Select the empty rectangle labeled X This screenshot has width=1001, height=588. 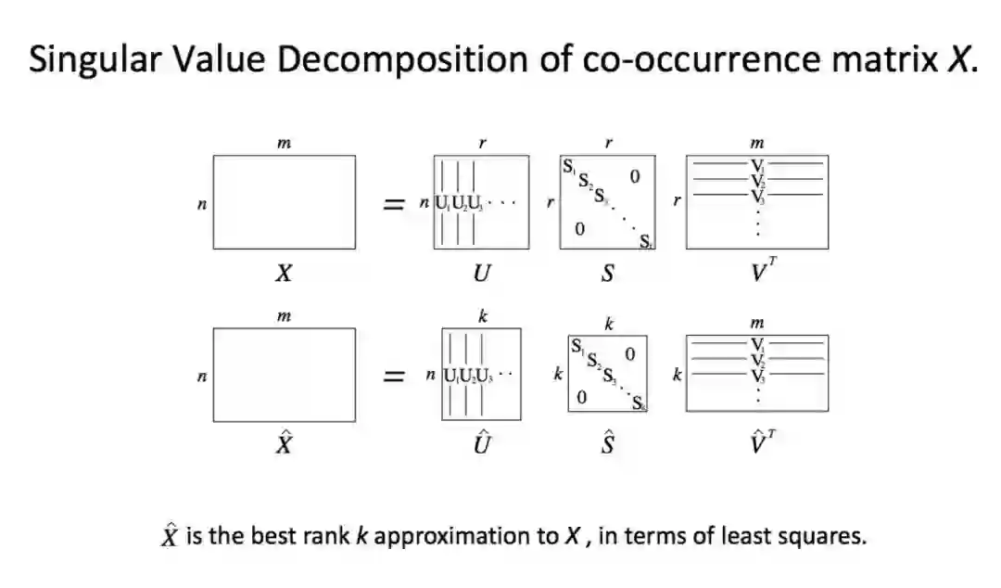(284, 201)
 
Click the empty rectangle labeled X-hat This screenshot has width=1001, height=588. (284, 374)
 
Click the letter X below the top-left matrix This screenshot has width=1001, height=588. (284, 273)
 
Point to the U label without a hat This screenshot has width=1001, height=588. (482, 274)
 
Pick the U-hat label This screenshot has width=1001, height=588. (482, 443)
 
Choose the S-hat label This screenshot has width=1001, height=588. (608, 443)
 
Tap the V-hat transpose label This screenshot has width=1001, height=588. (759, 443)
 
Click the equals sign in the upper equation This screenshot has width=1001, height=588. (395, 204)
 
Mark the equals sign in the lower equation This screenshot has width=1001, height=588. (395, 376)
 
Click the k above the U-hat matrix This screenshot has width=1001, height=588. (482, 316)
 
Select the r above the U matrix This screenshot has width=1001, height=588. (482, 144)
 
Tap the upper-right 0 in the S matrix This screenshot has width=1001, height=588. (634, 176)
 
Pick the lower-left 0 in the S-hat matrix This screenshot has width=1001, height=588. (580, 398)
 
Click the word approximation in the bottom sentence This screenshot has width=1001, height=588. (464, 536)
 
